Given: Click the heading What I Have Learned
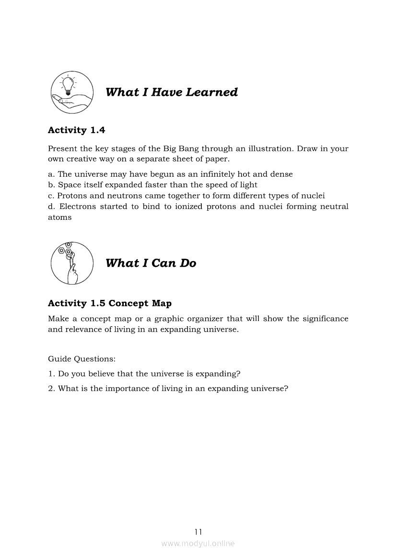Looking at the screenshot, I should pos(171,92).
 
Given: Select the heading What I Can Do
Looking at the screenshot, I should pos(151,263).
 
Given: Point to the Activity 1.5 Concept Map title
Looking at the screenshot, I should pos(110,303).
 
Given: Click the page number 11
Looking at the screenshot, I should pos(198,531).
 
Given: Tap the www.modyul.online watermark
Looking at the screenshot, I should pos(198,543).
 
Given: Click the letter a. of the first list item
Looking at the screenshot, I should pos(51,174).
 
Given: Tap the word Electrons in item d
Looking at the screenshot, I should pos(77,206).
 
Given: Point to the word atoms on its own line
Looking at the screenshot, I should pos(59,217).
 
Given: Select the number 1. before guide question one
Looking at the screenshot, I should pos(51,374).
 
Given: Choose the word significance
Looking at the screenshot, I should pos(325,319).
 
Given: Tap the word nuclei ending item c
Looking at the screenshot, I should pos(314,195).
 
